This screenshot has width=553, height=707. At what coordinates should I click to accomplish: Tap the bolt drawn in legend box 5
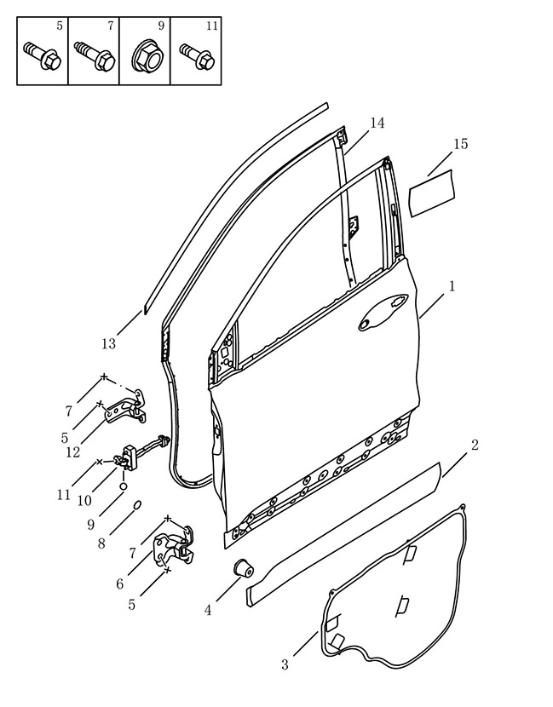point(42,55)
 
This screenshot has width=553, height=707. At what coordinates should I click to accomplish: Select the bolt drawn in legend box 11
point(197,56)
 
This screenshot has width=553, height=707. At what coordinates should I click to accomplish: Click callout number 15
point(460,144)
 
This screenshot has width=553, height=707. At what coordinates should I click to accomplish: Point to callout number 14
point(377,123)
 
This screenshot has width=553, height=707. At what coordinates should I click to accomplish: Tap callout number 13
point(108,344)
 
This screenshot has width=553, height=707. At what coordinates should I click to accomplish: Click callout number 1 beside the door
point(451,286)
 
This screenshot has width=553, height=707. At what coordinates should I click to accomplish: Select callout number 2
point(474,445)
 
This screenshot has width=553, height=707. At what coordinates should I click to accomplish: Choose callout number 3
point(285,664)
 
